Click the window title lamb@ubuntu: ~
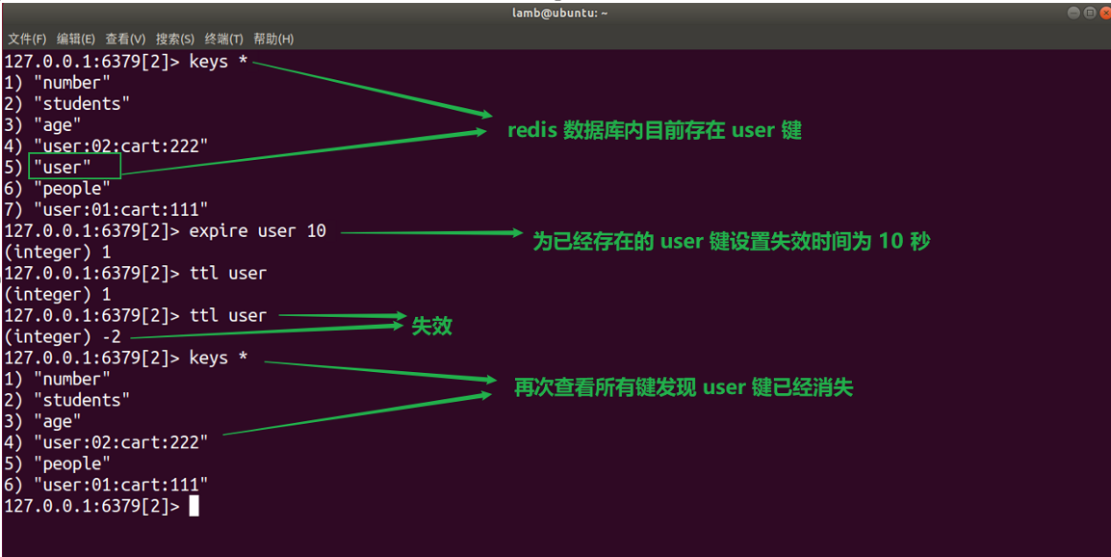[x=559, y=13]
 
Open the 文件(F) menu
[x=27, y=40]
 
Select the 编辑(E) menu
[x=76, y=40]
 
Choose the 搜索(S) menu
[x=175, y=40]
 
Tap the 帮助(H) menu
[x=273, y=40]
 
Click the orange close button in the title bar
[x=1103, y=13]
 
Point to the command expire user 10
[x=257, y=231]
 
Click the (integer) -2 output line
[x=63, y=337]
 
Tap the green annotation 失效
[x=431, y=326]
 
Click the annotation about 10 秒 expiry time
[x=731, y=241]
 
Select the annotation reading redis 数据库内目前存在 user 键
[x=655, y=130]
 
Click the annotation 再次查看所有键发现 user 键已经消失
[x=684, y=387]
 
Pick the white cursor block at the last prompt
[x=194, y=506]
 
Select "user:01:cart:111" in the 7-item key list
[x=120, y=210]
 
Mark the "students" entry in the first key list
[x=82, y=104]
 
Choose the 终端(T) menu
[x=224, y=40]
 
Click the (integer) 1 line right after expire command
[x=58, y=252]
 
